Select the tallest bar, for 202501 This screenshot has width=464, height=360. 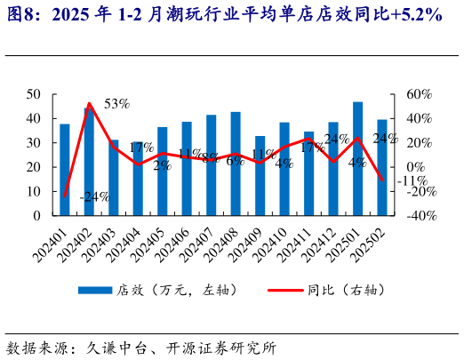coord(357,158)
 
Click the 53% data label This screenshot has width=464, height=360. coord(116,104)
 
